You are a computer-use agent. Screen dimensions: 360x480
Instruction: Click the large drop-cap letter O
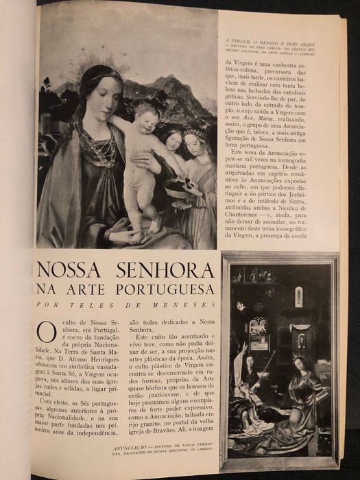(x=47, y=332)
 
